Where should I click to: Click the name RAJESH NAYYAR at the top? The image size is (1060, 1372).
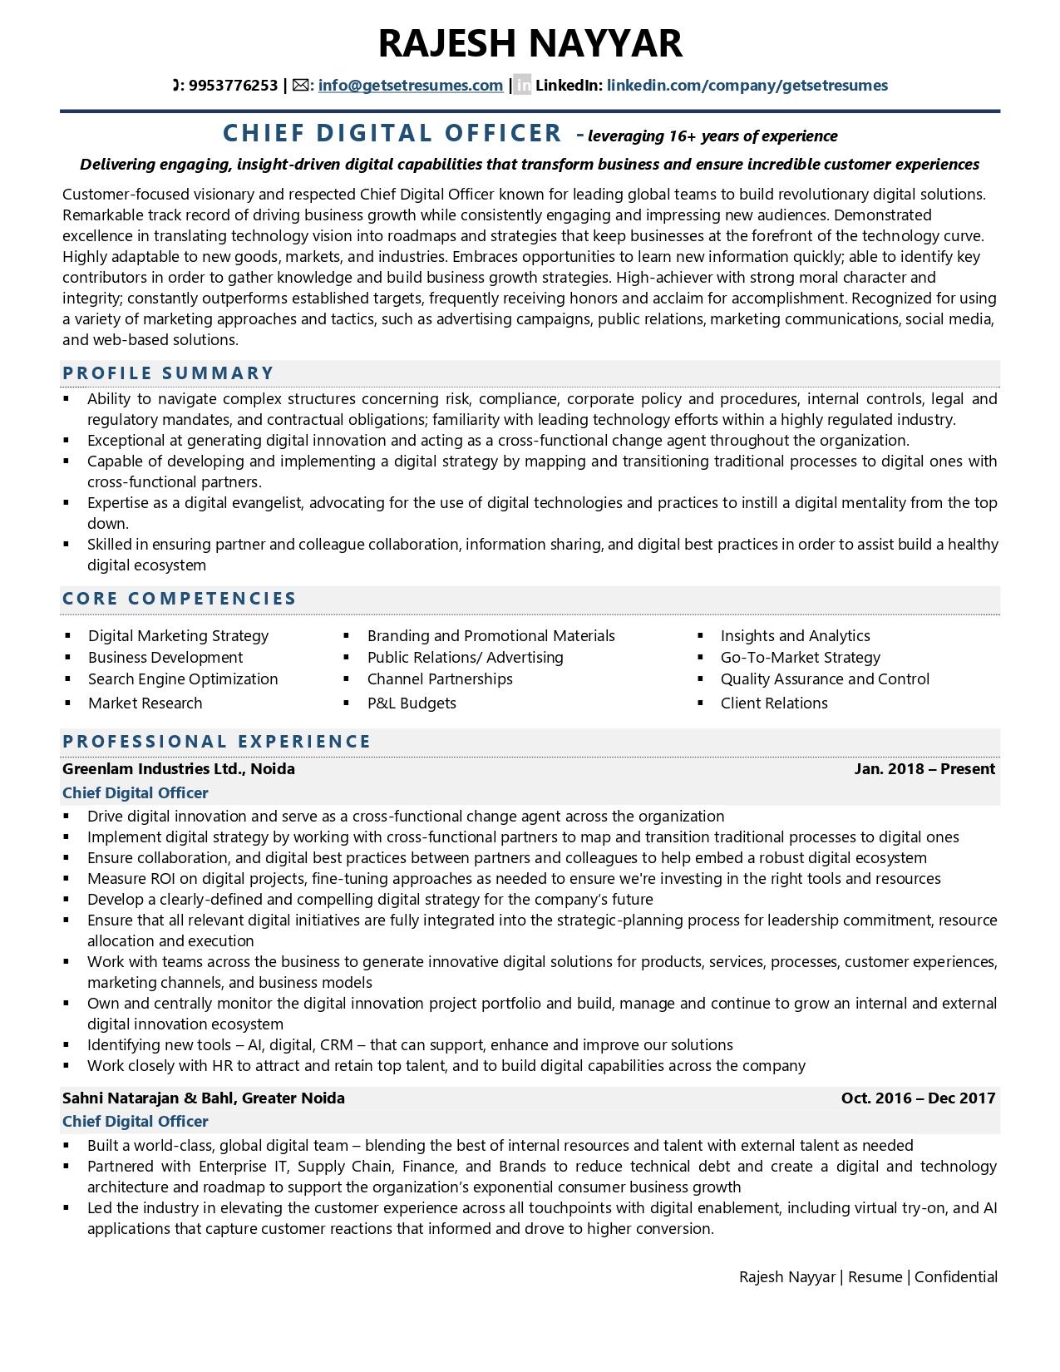click(x=530, y=43)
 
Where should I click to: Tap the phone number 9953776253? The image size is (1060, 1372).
click(x=233, y=85)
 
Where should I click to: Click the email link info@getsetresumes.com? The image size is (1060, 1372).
click(x=410, y=85)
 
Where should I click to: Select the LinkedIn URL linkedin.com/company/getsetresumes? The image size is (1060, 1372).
click(x=747, y=85)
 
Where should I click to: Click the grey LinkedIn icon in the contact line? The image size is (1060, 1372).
click(x=522, y=85)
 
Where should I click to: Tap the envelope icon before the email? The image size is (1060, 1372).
click(x=300, y=85)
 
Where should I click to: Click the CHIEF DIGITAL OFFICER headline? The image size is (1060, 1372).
click(x=392, y=133)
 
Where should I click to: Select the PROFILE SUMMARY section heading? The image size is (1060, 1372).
click(x=168, y=373)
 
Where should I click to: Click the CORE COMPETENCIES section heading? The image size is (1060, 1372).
click(x=180, y=599)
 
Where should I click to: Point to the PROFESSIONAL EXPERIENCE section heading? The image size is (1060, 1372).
click(x=217, y=742)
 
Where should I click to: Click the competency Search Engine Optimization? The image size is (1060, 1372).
click(x=183, y=679)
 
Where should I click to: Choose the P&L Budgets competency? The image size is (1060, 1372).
click(x=412, y=703)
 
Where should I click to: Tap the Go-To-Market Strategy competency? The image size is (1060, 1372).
click(x=800, y=658)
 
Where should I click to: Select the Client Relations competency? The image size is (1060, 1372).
click(x=774, y=703)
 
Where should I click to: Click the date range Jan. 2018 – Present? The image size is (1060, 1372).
click(x=924, y=769)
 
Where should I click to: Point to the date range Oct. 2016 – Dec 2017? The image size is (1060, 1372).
click(x=918, y=1098)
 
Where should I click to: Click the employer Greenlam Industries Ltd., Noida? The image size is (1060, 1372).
click(x=178, y=769)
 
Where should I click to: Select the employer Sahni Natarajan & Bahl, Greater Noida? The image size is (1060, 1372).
click(x=203, y=1098)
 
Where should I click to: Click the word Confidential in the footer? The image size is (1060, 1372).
click(x=955, y=1277)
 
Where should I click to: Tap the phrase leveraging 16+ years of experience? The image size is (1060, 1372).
click(x=712, y=136)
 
